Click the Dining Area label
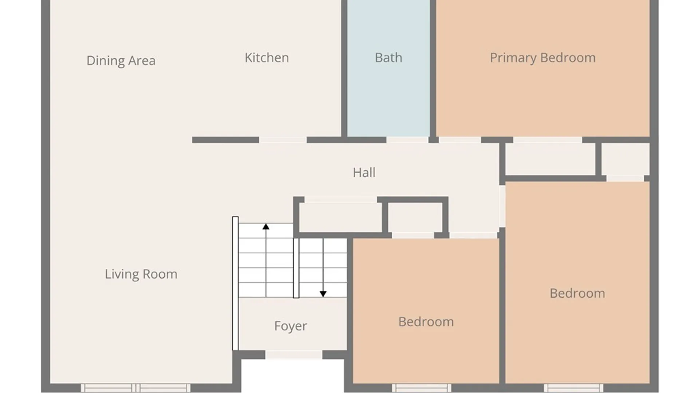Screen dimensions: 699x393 (121, 60)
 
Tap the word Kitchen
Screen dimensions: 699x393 (267, 57)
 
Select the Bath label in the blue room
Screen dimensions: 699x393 (388, 57)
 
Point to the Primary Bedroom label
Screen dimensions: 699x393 (542, 57)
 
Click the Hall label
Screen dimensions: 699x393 (364, 172)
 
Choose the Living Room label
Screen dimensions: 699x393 (141, 274)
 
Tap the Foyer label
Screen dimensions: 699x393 (291, 326)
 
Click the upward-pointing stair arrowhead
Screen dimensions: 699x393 (266, 227)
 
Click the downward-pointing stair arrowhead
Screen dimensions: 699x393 (323, 294)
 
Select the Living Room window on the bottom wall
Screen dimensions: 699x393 (135, 388)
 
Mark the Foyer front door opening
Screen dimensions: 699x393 (294, 354)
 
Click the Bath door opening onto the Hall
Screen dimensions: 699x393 (407, 140)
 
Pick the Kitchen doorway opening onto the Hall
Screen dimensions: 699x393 (283, 140)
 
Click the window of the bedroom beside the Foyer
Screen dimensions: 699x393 (422, 388)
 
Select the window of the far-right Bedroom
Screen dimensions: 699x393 (573, 388)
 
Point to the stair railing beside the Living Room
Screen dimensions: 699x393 (235, 283)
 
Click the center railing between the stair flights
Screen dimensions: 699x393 (296, 268)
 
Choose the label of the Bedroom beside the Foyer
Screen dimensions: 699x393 (426, 322)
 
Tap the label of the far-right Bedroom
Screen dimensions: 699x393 (577, 293)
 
